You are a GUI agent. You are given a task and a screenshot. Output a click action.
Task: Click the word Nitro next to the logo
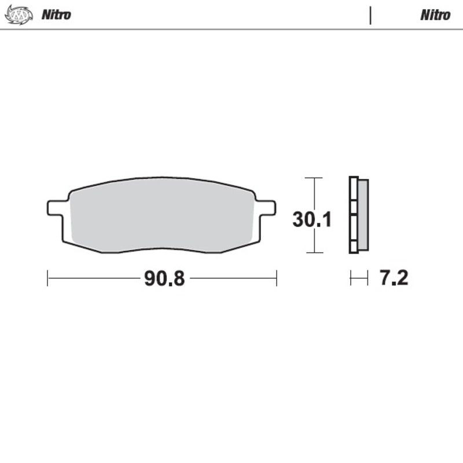point(56,15)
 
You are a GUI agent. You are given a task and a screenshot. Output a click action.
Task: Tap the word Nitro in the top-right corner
point(435,15)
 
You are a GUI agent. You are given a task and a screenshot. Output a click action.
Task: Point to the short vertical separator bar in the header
point(370,15)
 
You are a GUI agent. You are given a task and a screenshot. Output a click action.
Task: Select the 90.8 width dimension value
point(164,278)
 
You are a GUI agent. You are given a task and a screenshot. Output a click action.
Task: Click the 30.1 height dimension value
point(311,220)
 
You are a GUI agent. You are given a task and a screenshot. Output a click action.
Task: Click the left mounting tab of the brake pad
point(56,207)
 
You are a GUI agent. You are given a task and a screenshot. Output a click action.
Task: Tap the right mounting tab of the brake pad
point(266,207)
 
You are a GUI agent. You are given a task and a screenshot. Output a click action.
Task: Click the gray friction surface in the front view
point(162,214)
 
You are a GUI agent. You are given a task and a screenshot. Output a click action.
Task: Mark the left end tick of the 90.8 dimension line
point(47,278)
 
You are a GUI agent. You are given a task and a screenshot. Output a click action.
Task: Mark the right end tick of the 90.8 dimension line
point(277,278)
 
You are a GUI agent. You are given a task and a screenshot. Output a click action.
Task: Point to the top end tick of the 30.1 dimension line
point(314,178)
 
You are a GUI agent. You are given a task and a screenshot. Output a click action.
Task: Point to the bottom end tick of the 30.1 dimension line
point(314,252)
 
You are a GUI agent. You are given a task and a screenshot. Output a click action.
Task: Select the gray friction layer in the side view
point(363,215)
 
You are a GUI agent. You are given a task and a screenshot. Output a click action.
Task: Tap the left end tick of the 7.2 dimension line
point(351,278)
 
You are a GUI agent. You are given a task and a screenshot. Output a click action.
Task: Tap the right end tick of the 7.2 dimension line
point(368,278)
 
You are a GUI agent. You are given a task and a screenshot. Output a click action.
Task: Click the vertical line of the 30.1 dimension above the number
point(314,194)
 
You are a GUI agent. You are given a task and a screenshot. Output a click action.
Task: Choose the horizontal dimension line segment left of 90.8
point(93,278)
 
